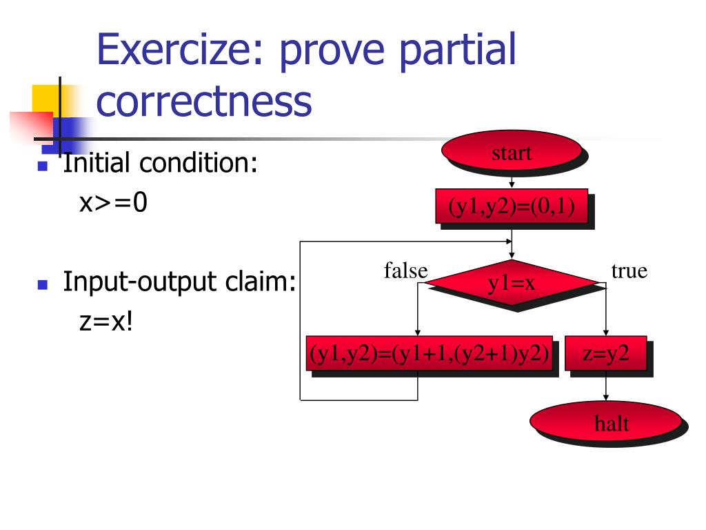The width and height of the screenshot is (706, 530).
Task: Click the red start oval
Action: (x=512, y=152)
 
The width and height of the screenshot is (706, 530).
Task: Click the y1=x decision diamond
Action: (x=512, y=282)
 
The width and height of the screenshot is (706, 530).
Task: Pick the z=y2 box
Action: (x=606, y=353)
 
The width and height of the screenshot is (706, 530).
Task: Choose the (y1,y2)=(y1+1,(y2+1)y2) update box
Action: (x=430, y=353)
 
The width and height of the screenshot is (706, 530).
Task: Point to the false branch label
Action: (x=405, y=271)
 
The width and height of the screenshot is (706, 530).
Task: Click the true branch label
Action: (x=629, y=271)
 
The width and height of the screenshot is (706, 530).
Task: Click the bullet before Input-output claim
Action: (x=43, y=284)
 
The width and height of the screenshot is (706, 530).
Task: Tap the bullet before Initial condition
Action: (x=43, y=166)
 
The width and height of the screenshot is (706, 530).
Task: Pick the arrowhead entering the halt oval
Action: (x=606, y=397)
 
